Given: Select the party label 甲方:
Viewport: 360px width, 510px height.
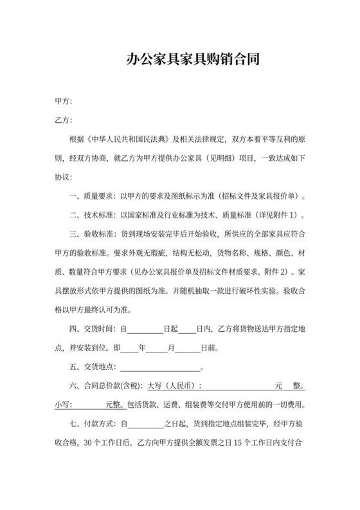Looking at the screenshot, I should tap(63, 102).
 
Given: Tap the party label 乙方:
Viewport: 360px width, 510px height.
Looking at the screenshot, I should tap(63, 120).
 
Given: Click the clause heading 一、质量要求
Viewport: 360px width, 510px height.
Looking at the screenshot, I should tap(89, 196).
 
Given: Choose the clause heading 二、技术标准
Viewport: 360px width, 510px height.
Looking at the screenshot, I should tap(89, 215).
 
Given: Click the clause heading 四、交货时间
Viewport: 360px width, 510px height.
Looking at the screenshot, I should tap(89, 329).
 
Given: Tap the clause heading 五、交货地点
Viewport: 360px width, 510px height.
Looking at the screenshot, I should tap(89, 367).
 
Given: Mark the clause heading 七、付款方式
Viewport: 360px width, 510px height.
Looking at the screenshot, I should tap(89, 424).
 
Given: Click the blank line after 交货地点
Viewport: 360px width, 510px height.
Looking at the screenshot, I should tap(161, 369).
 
